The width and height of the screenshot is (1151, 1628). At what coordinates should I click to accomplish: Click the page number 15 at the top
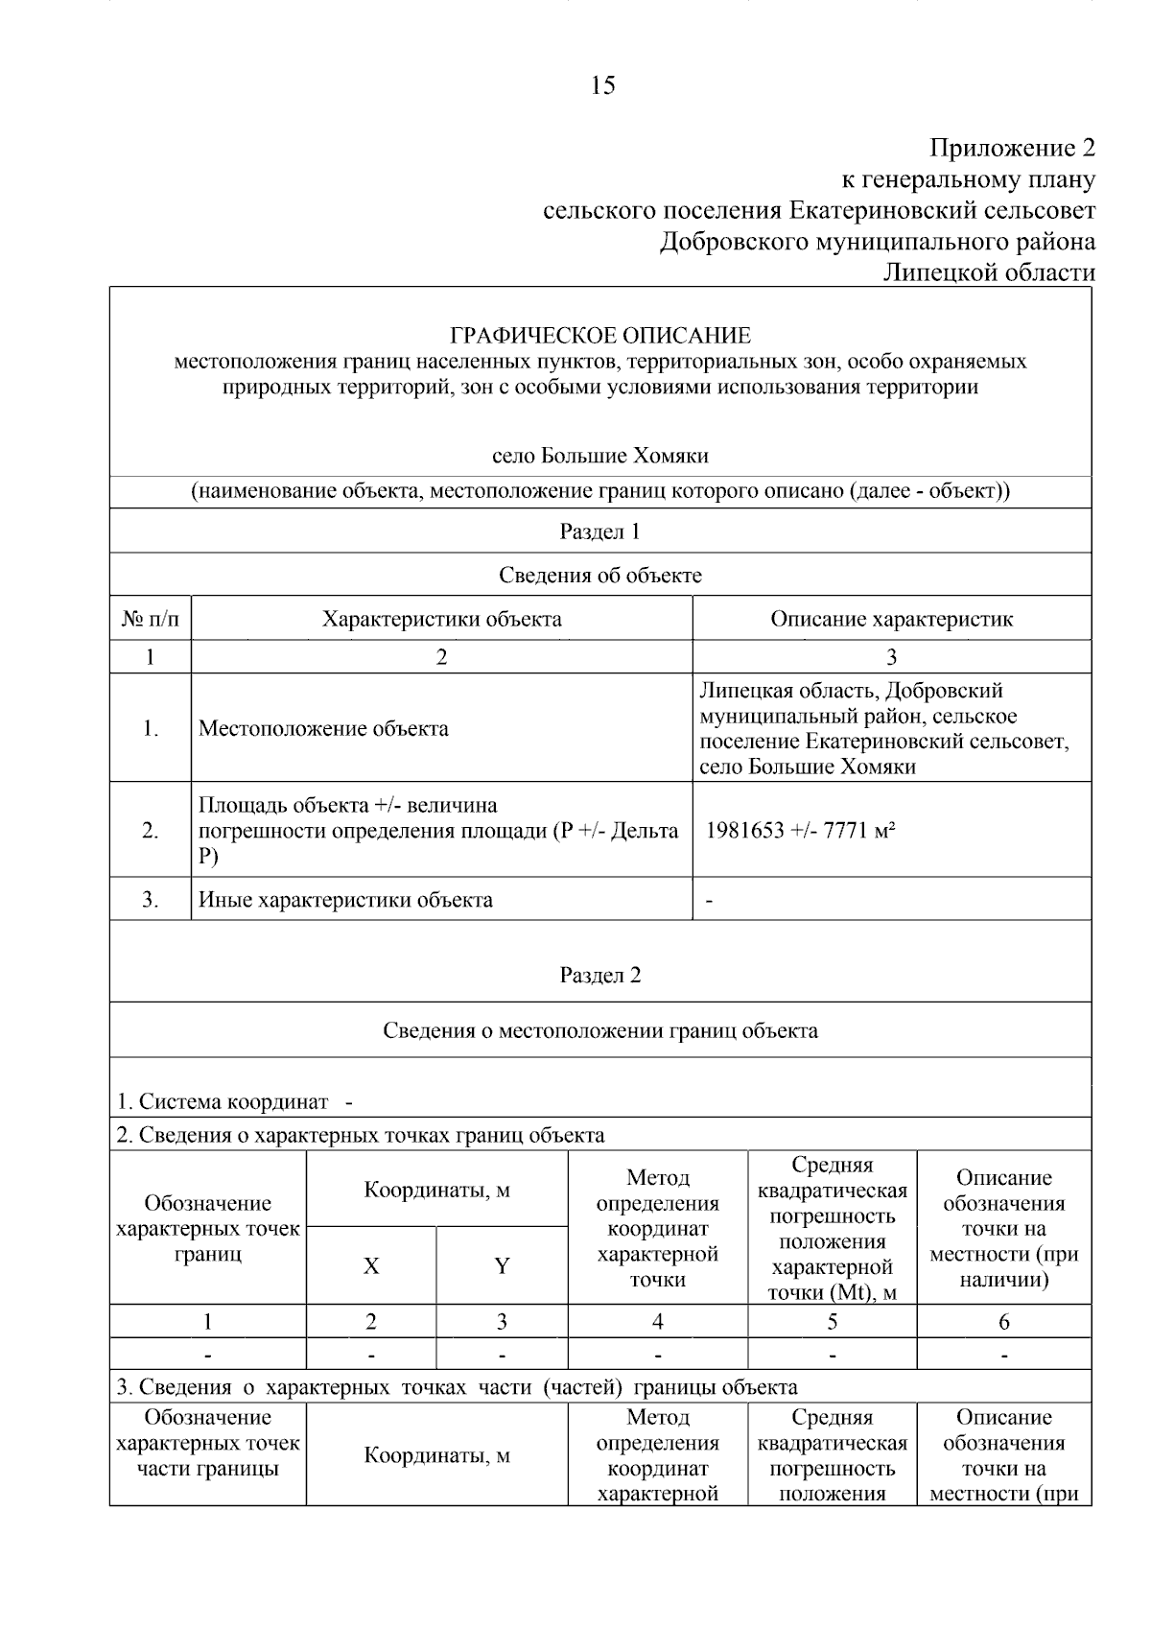point(603,86)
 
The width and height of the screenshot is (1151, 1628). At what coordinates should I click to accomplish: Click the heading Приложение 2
point(1012,149)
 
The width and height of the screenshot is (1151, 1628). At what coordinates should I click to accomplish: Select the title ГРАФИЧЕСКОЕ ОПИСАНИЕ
point(600,336)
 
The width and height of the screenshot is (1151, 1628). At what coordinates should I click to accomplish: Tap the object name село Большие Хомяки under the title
point(600,456)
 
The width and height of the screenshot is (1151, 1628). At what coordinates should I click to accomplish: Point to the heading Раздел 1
point(600,531)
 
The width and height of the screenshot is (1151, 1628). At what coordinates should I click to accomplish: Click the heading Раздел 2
point(600,976)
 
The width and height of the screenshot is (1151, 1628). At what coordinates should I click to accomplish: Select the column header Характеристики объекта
point(441,619)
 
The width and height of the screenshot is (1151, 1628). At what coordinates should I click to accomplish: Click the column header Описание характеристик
point(891,619)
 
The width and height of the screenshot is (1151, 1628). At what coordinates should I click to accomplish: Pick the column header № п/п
point(151,619)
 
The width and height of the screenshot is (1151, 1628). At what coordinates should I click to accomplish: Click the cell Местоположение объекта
point(323,729)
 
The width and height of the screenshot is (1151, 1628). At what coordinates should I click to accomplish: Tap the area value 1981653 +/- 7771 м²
point(801,831)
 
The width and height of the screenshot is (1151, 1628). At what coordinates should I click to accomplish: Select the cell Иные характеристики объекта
point(345,901)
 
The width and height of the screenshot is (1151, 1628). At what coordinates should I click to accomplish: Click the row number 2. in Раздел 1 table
point(151,831)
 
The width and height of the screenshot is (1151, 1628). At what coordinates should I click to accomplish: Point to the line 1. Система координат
point(223,1102)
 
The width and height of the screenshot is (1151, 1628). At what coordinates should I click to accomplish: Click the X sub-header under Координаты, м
point(371,1266)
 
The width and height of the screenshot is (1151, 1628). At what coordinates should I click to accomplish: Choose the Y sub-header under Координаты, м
point(502,1266)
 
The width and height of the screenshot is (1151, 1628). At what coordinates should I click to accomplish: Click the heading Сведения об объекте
point(600,576)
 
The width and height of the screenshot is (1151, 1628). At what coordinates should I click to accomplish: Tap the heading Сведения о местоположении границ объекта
point(600,1031)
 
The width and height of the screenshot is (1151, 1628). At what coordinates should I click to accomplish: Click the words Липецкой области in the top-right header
point(989,273)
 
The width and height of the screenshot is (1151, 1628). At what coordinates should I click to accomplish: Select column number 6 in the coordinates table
point(1004,1322)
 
